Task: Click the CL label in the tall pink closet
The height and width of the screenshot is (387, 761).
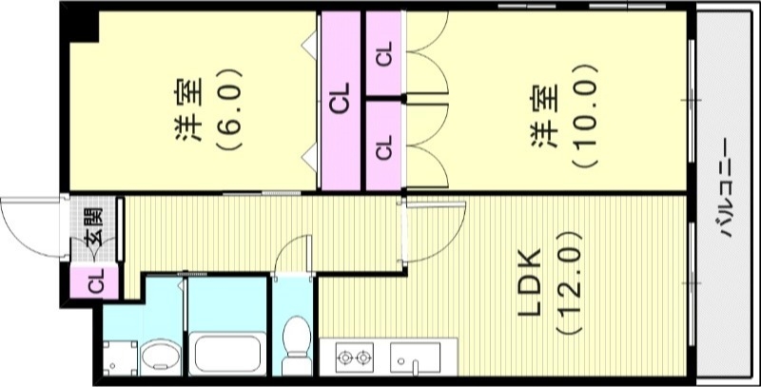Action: click(x=341, y=99)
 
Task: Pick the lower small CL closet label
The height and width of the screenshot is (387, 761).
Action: click(x=384, y=146)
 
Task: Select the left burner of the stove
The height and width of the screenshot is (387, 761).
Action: click(x=343, y=358)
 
